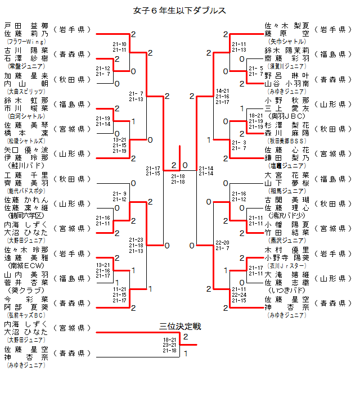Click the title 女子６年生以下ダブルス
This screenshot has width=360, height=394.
(x=180, y=11)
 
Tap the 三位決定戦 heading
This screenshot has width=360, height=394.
(x=180, y=327)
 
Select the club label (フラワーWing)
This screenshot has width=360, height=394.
(x=26, y=42)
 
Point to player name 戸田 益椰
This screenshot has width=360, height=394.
(x=26, y=26)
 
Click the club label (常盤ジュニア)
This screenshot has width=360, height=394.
(x=26, y=66)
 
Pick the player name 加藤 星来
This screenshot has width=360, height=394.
(x=26, y=75)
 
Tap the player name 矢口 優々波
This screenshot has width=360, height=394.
(x=26, y=150)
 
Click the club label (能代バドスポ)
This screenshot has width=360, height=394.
(x=26, y=191)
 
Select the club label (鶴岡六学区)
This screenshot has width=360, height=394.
(x=26, y=215)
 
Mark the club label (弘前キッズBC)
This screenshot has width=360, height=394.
(x=26, y=315)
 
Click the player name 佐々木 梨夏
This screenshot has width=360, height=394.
(x=287, y=26)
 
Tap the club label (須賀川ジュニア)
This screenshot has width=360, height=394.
(x=287, y=66)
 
